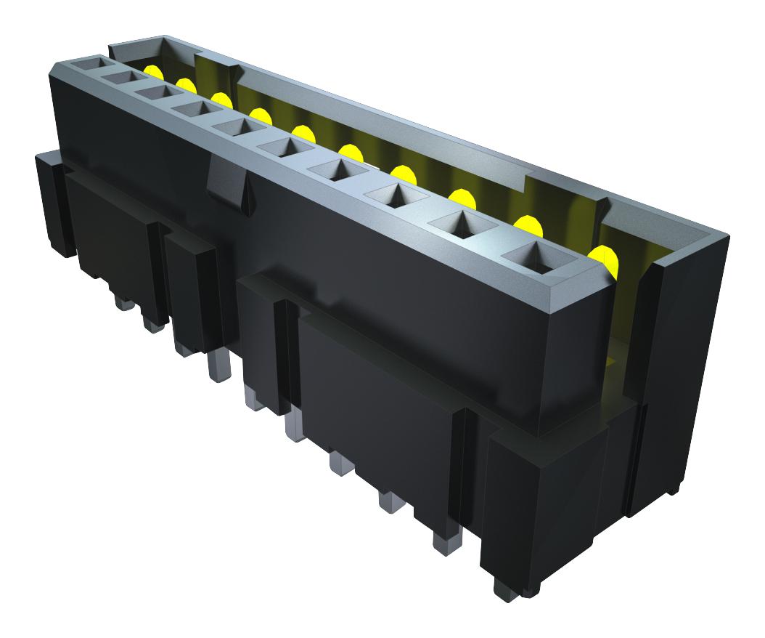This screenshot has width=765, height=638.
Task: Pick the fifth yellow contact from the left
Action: [303, 132]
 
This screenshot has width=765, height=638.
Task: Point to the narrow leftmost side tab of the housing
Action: [51, 203]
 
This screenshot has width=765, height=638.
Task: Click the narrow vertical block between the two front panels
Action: [190, 291]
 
